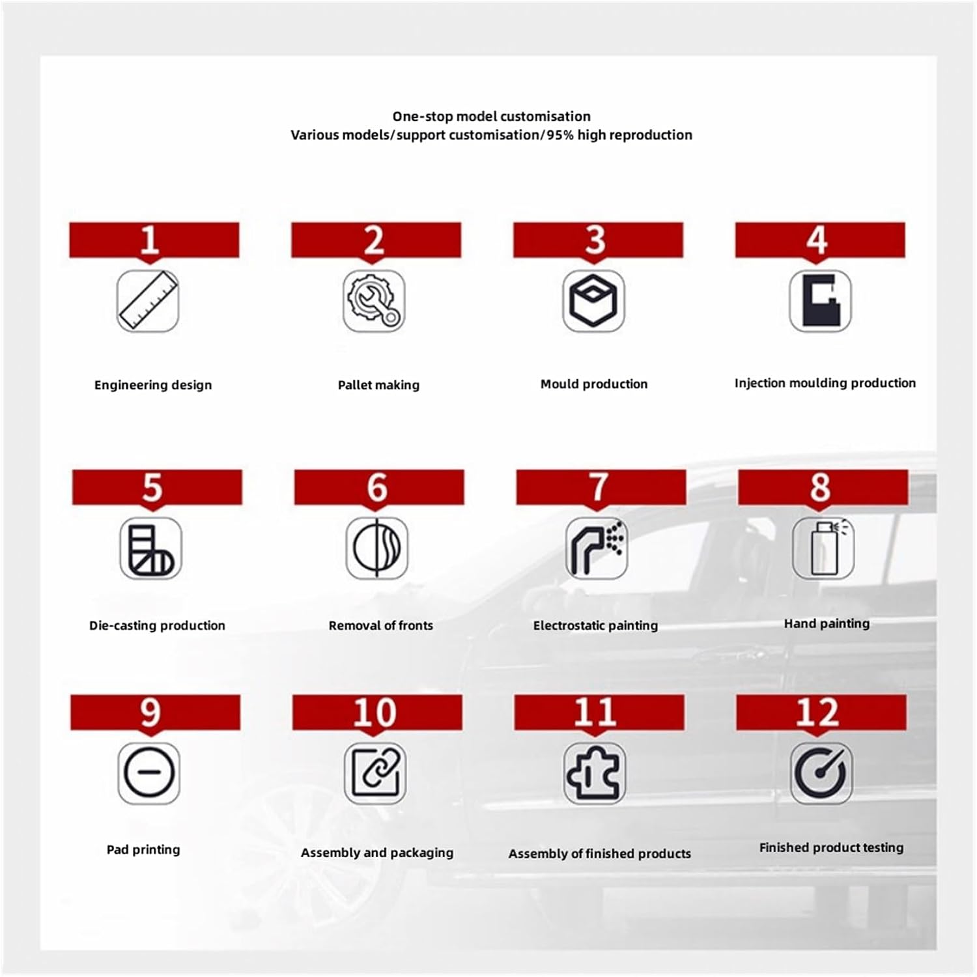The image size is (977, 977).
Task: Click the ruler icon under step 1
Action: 148,301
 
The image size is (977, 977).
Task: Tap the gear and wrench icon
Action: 374,301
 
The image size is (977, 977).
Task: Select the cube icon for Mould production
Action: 593,301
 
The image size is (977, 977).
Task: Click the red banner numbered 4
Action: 819,240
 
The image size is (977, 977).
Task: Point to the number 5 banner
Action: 157,487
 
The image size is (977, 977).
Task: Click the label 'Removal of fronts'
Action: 380,625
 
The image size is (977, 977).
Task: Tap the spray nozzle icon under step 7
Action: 596,548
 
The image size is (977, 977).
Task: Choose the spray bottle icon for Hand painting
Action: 823,548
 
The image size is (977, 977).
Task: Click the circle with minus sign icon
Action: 149,773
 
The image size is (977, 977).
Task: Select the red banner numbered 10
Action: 377,712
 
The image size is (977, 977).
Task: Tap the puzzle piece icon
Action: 594,773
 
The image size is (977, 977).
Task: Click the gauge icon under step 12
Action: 821,773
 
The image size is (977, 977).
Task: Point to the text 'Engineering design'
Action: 153,385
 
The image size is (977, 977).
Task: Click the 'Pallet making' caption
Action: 378,385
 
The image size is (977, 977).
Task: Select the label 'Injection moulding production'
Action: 825,383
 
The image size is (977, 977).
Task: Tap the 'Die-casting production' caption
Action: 157,625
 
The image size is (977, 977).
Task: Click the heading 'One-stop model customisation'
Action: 491,117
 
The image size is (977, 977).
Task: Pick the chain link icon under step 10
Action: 375,773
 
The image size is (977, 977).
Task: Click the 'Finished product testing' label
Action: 831,847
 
